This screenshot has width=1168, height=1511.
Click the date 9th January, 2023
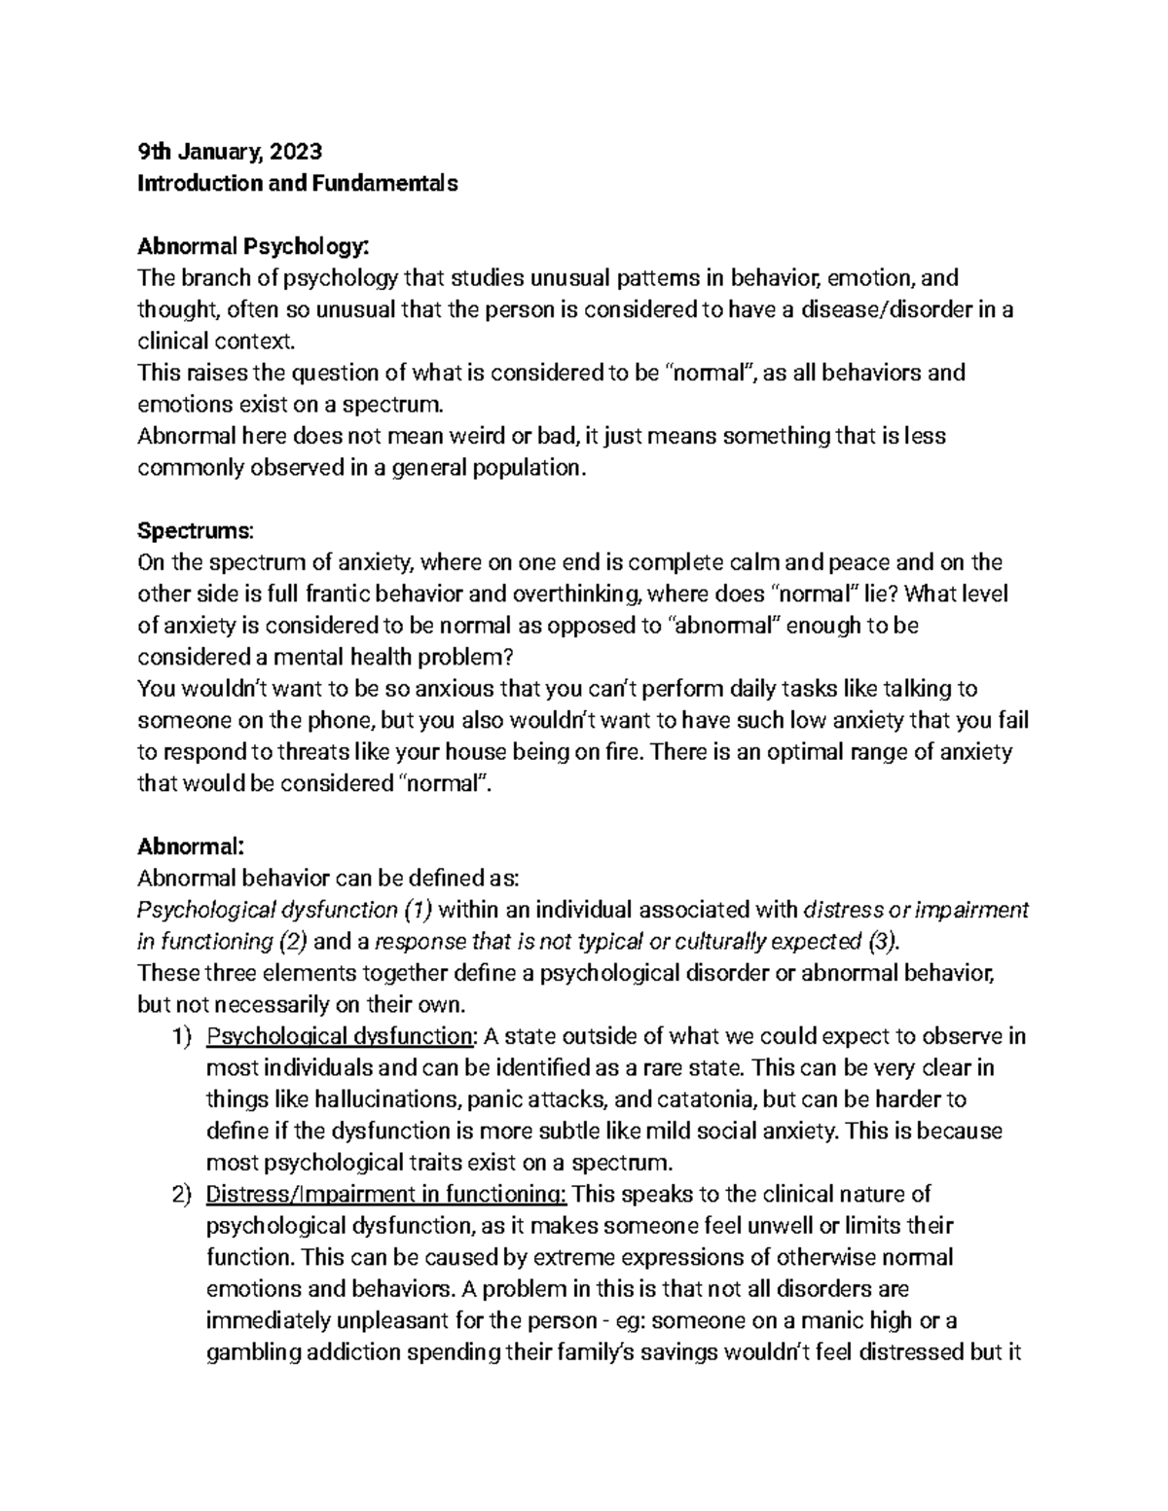coord(229,151)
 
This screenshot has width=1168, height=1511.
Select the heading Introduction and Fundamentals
coord(297,183)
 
